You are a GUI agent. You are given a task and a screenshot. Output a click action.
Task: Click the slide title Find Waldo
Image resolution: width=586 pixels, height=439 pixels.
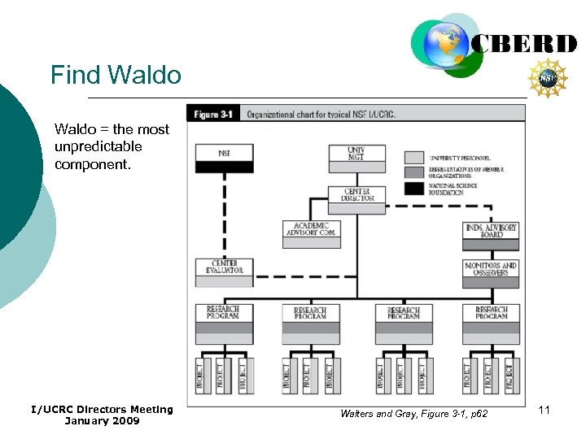point(116,76)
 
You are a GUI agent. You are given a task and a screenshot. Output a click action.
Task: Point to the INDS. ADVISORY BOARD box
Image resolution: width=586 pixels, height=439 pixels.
point(491,236)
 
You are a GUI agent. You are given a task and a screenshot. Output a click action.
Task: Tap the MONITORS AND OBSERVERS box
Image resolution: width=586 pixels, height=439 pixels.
point(491,274)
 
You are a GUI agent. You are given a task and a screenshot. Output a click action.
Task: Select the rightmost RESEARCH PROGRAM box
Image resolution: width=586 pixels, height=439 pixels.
point(491,323)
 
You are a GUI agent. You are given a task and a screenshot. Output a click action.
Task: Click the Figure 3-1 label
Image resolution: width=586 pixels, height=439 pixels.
point(213,115)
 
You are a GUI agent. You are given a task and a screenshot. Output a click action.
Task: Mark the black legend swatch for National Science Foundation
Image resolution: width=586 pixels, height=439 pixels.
point(414,188)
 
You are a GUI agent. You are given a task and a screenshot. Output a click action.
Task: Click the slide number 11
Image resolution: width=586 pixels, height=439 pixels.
point(544,411)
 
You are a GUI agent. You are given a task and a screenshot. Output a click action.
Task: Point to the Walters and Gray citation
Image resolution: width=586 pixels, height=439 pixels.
point(413,415)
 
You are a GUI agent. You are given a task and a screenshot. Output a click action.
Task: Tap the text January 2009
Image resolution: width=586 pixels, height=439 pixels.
point(102,421)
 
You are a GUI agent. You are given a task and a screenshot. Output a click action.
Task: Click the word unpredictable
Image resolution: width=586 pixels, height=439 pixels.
point(98,147)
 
